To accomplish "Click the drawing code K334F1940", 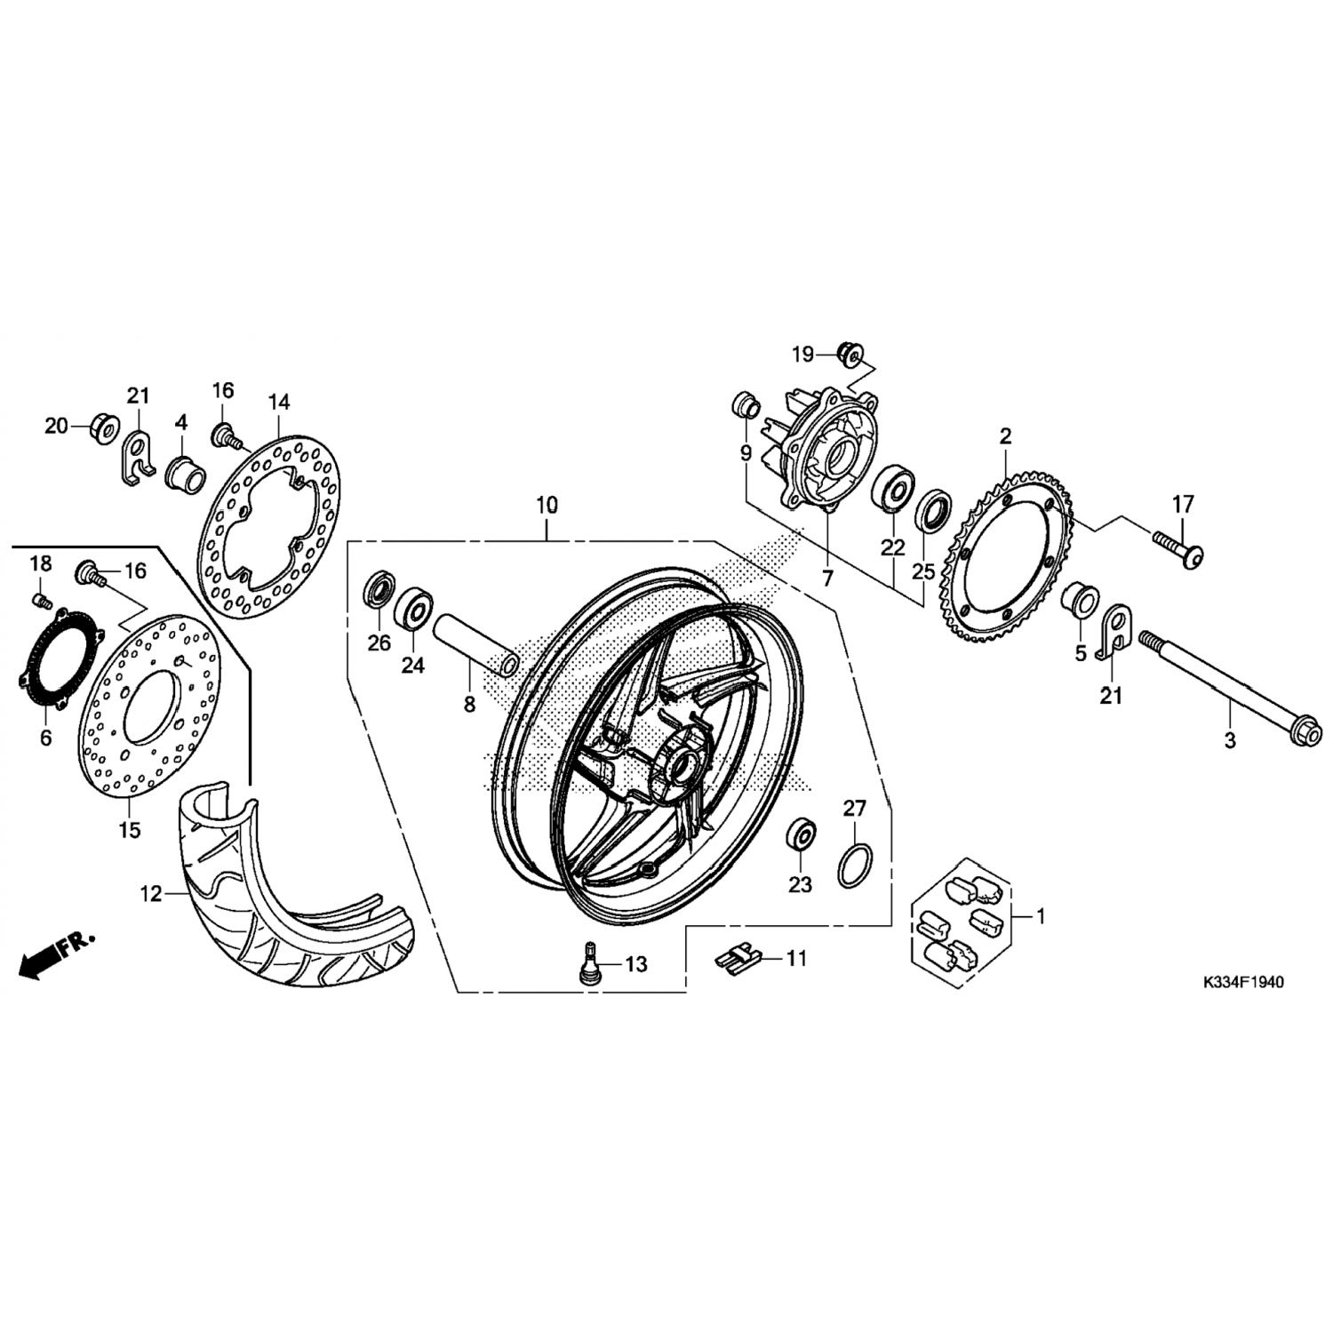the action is coord(1242,983).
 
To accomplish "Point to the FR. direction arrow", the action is coord(56,954).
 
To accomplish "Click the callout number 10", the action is coord(547,506).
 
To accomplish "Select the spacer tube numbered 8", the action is coord(475,640).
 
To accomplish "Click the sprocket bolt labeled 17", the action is coord(1179,544).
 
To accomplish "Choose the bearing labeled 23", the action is coord(801,835).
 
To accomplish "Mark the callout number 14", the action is coord(279,403).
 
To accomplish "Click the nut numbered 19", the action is coord(849,354).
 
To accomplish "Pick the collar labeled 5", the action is coord(1081,600).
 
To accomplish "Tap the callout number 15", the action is coord(130,830).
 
